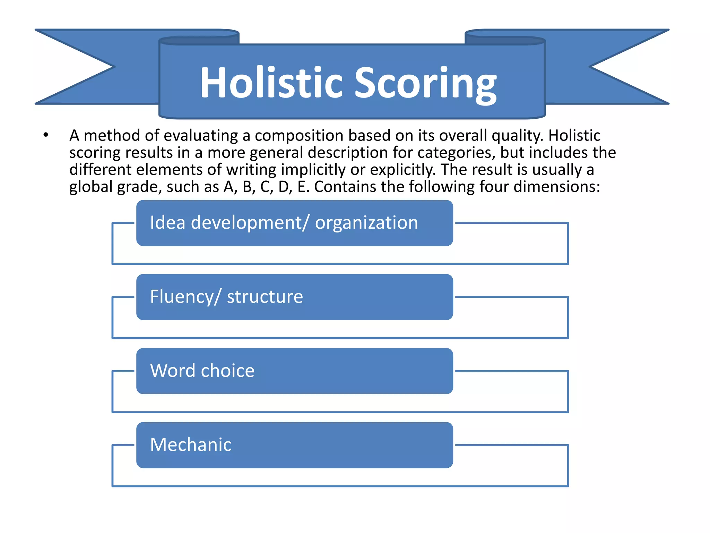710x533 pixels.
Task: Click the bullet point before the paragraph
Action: click(46, 135)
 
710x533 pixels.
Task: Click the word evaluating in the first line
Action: click(201, 136)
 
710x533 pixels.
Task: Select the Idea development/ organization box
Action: click(295, 223)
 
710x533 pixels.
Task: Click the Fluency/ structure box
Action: click(295, 297)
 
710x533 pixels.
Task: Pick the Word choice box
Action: click(295, 371)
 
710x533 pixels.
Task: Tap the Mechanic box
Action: click(295, 445)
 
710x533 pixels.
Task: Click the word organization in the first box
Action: click(366, 223)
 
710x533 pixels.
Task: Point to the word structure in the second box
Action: click(265, 297)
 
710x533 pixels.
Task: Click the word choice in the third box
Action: click(228, 371)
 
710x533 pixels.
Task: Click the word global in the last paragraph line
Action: click(91, 187)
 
